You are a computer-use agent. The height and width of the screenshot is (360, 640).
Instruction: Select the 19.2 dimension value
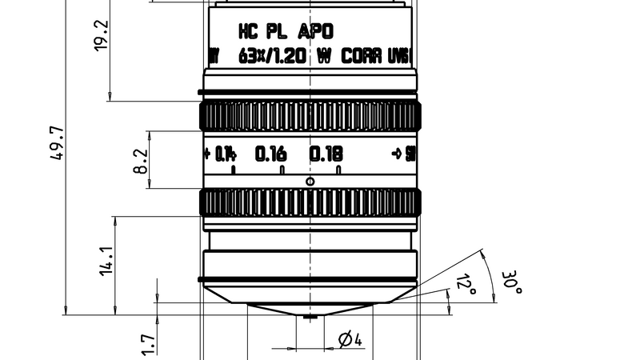(102, 36)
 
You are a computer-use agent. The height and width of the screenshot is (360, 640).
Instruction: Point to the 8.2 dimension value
(141, 161)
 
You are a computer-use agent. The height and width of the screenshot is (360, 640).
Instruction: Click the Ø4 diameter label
(350, 340)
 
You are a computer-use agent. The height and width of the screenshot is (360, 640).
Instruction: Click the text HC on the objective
(249, 32)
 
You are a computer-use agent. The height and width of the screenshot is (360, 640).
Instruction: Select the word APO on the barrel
(315, 32)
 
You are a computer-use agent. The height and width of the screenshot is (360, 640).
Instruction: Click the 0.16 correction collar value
(270, 153)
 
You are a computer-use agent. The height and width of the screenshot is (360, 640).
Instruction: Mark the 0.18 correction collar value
(326, 153)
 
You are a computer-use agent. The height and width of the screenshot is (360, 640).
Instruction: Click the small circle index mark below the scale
(310, 182)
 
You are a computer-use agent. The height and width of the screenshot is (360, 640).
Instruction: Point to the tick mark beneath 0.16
(282, 170)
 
